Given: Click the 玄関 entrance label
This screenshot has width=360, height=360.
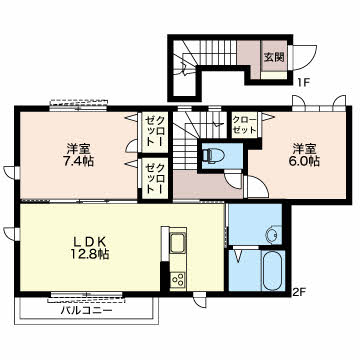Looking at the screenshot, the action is click(x=274, y=57).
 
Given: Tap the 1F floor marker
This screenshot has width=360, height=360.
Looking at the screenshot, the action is click(x=303, y=82).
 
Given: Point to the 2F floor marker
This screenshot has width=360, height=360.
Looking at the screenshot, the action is click(x=299, y=293).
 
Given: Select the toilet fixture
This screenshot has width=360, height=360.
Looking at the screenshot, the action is click(x=210, y=155).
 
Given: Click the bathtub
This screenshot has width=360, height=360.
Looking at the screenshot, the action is click(x=274, y=271).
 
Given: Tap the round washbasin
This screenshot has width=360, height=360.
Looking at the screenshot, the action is click(x=272, y=236).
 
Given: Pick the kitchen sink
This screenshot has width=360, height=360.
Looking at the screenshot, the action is click(x=177, y=244).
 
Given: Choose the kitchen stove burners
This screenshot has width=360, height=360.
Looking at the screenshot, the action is click(x=178, y=278).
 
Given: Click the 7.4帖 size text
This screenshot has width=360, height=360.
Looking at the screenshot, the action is click(x=79, y=161).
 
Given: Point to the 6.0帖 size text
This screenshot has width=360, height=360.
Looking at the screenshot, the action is click(x=305, y=161).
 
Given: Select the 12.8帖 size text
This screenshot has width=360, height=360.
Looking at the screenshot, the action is click(x=89, y=255).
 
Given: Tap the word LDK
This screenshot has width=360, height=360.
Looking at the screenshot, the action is click(x=89, y=241).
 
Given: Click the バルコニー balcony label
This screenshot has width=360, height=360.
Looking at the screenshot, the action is click(x=87, y=311).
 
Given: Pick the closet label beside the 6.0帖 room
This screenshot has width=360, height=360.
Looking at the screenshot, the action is click(x=245, y=124).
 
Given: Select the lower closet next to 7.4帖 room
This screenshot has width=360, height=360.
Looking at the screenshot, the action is click(x=155, y=178).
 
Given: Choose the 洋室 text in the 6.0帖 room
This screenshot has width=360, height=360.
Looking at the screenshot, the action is click(x=305, y=148).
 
